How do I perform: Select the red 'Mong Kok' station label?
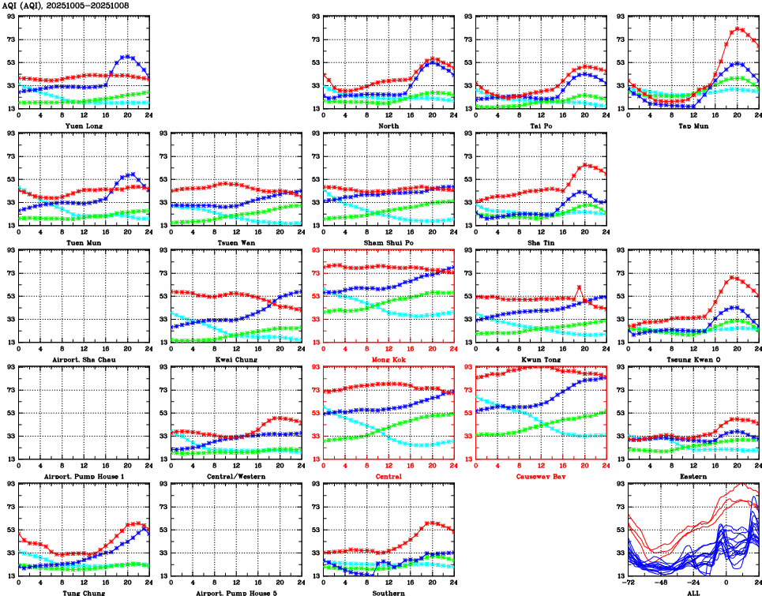tap(388, 359)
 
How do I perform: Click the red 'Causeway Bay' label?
tap(540, 476)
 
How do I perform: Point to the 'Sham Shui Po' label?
tap(388, 242)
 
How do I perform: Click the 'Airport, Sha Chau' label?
tap(83, 359)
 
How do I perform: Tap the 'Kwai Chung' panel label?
tap(235, 359)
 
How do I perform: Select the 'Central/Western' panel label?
tap(235, 476)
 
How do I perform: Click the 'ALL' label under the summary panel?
tap(693, 592)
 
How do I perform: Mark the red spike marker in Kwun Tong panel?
tap(579, 287)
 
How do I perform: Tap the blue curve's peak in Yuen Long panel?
tap(126, 56)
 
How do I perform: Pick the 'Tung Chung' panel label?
tap(83, 592)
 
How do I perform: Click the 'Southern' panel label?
tap(388, 592)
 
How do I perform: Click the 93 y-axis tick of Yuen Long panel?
tap(10, 16)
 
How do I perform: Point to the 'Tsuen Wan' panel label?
tap(235, 242)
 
